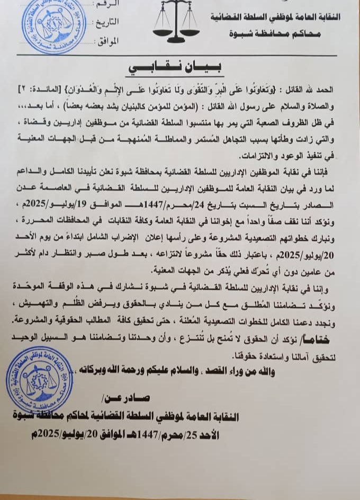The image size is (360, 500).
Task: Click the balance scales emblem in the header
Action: tap(176, 23)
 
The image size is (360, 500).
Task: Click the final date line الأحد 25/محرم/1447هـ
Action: tap(148, 435)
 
